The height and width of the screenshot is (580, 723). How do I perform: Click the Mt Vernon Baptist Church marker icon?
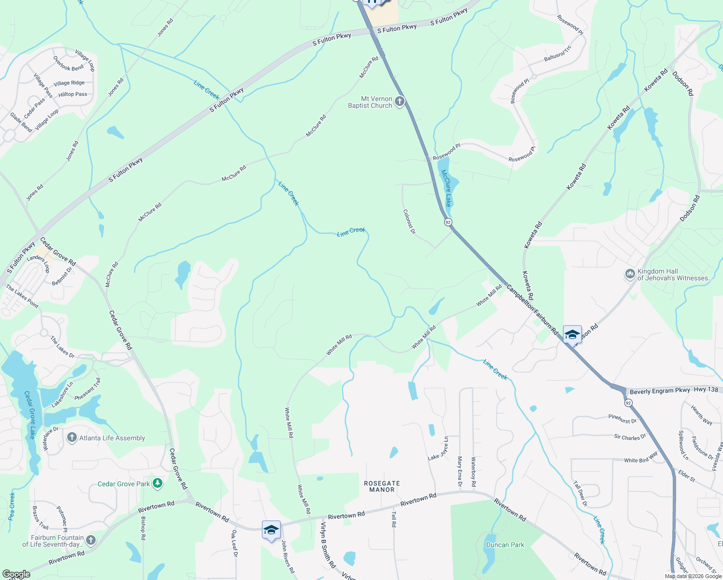pyautogui.click(x=399, y=102)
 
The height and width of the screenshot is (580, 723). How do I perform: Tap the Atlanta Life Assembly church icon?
pyautogui.click(x=72, y=438)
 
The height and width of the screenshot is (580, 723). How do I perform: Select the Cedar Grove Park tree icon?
pyautogui.click(x=157, y=483)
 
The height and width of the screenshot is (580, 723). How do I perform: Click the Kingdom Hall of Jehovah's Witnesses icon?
pyautogui.click(x=630, y=275)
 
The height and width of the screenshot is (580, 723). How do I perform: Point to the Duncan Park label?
pyautogui.click(x=505, y=545)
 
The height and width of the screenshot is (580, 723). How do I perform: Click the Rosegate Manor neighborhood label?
pyautogui.click(x=382, y=486)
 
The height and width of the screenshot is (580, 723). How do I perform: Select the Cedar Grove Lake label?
pyautogui.click(x=30, y=415)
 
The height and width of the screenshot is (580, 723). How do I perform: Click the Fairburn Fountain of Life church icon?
pyautogui.click(x=90, y=540)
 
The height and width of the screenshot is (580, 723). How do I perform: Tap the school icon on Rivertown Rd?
pyautogui.click(x=271, y=530)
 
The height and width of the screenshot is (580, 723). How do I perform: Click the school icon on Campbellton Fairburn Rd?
pyautogui.click(x=572, y=334)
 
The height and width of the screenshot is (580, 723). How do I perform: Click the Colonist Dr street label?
pyautogui.click(x=409, y=221)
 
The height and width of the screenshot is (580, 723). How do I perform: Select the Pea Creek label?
pyautogui.click(x=12, y=506)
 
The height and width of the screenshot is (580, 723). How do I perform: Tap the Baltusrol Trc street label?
pyautogui.click(x=558, y=53)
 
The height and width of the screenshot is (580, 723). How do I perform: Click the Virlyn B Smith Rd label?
pyautogui.click(x=328, y=544)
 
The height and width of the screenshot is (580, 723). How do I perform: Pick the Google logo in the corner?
pyautogui.click(x=16, y=574)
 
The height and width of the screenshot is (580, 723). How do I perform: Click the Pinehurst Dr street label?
pyautogui.click(x=622, y=419)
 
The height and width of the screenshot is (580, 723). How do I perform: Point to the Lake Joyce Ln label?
pyautogui.click(x=438, y=449)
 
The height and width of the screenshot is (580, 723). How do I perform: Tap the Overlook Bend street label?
pyautogui.click(x=68, y=64)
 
